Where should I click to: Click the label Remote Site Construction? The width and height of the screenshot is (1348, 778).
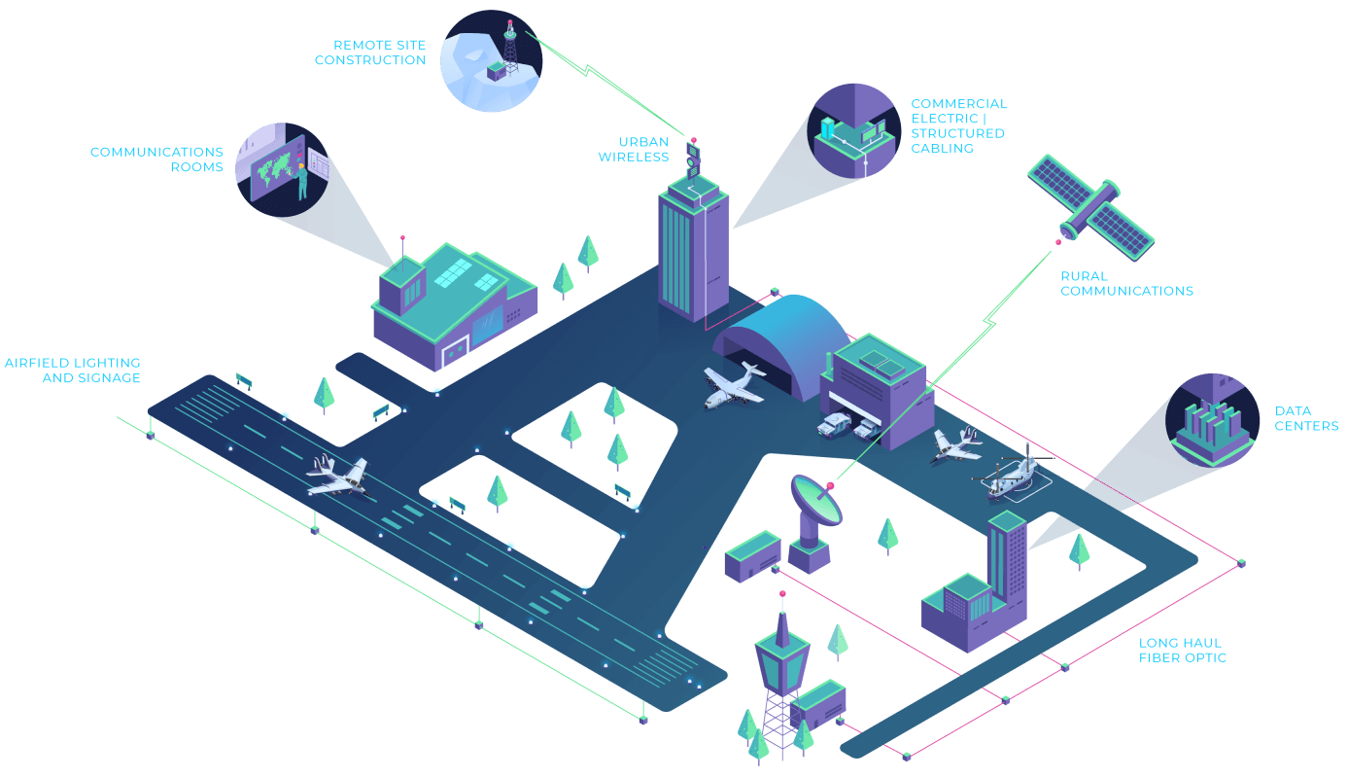369,53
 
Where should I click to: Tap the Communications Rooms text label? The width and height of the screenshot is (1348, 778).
156,159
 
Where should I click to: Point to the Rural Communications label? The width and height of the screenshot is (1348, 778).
1126,283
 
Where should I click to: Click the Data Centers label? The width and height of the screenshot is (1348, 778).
1306,418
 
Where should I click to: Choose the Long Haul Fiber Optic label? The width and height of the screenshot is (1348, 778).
1182,650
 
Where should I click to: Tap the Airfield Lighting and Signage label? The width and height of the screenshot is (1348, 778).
73,371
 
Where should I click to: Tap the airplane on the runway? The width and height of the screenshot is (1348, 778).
337,477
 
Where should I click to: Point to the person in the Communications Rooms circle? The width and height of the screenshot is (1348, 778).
302,181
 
